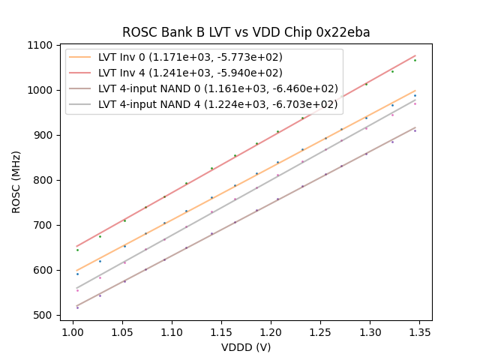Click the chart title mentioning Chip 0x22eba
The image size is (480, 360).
[246, 32]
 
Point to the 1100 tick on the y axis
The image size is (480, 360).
[42, 45]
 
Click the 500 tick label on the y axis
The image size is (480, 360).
[44, 315]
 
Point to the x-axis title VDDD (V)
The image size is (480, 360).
[246, 347]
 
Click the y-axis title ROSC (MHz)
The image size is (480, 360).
[16, 180]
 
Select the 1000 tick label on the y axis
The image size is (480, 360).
[42, 90]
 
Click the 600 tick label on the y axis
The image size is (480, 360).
[44, 270]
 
